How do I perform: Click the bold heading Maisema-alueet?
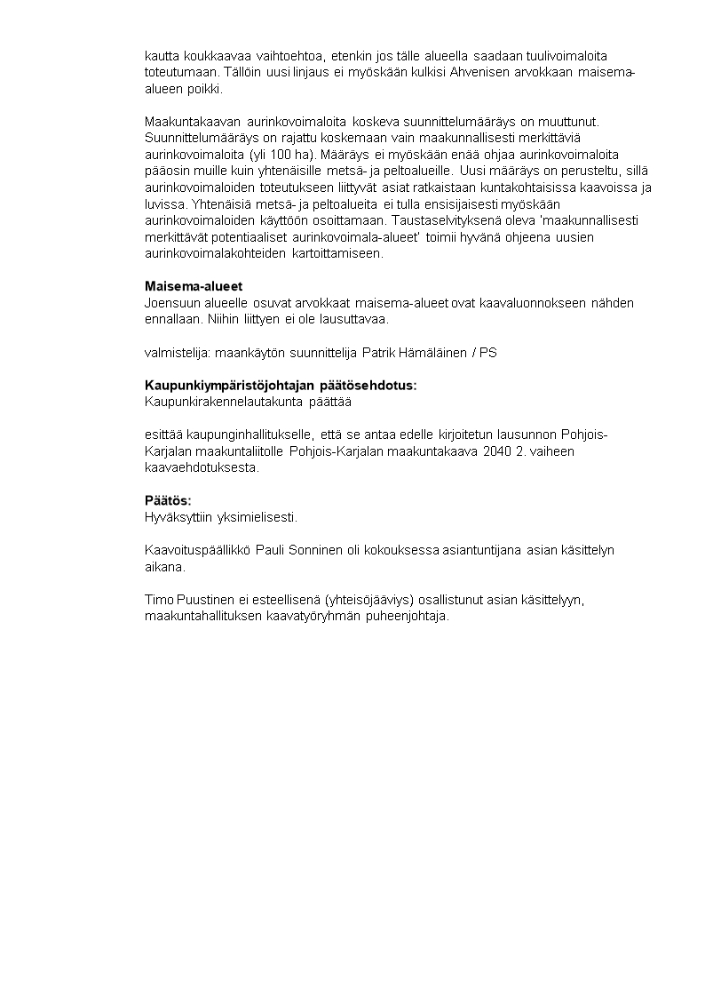click(x=194, y=286)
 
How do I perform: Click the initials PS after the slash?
click(x=487, y=353)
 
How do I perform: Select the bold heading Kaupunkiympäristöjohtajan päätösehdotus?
click(x=280, y=386)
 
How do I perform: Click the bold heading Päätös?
click(x=168, y=500)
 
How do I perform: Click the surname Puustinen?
click(x=207, y=600)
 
